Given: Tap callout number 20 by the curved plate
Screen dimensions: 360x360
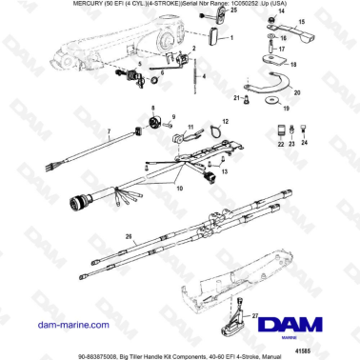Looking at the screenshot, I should click(x=297, y=93).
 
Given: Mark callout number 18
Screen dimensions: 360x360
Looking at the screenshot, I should click(x=293, y=68).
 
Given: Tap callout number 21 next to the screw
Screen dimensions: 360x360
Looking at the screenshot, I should click(x=236, y=98).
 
